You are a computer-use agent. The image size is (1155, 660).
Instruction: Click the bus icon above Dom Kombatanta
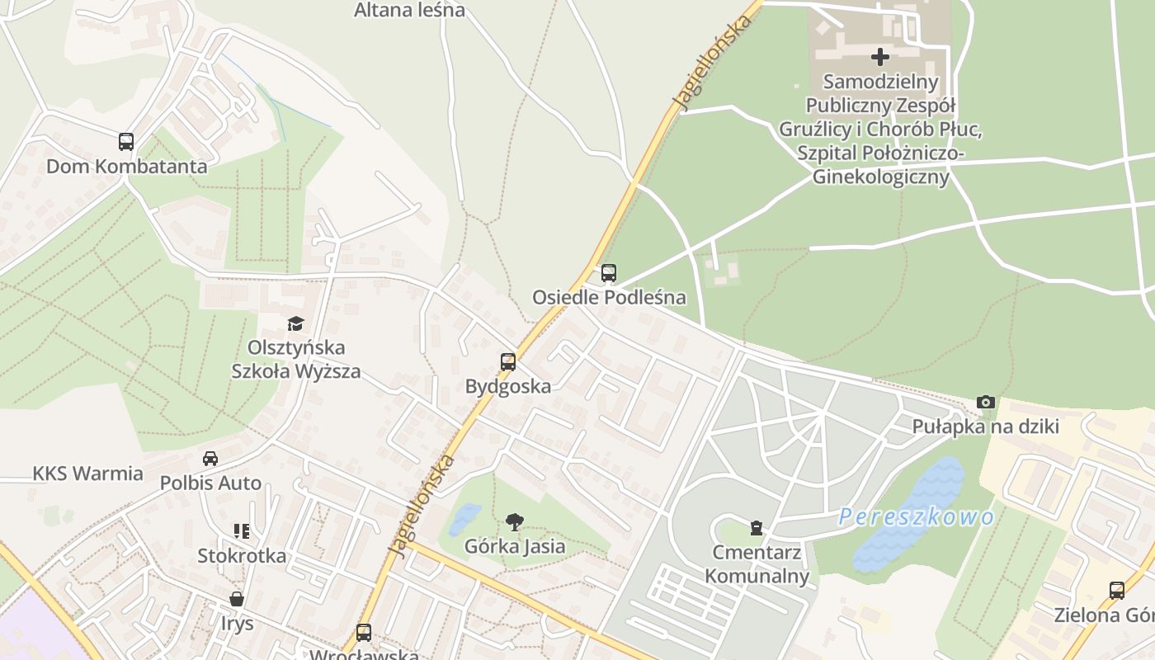click(125, 142)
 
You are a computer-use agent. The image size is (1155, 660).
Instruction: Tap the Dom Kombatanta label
click(126, 166)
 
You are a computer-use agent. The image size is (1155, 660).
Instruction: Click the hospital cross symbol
click(880, 57)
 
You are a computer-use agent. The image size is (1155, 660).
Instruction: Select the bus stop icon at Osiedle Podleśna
click(609, 273)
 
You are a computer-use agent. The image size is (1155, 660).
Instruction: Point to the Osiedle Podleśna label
click(609, 297)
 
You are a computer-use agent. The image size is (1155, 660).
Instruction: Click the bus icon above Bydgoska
click(508, 362)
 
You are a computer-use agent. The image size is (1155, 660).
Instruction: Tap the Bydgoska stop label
click(508, 386)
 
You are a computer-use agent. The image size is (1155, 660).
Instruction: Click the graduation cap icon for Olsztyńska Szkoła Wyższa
click(295, 323)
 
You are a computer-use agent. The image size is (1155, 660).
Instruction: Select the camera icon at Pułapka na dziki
click(985, 403)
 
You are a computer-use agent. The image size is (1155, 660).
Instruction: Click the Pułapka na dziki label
click(985, 427)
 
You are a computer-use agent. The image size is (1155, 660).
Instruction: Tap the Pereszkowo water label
click(917, 517)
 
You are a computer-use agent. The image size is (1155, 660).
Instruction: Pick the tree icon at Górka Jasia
click(515, 521)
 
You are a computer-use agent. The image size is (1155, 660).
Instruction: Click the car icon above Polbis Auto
click(210, 459)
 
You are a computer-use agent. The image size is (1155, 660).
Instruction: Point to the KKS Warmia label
click(87, 474)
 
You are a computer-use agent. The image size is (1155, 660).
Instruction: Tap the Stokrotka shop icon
click(242, 531)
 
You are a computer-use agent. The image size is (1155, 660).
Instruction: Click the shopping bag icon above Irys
click(237, 599)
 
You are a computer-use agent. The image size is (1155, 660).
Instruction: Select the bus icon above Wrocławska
click(364, 633)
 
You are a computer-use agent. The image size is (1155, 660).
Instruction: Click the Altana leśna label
click(409, 10)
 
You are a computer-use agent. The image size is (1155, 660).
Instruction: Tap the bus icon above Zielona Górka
click(1117, 591)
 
